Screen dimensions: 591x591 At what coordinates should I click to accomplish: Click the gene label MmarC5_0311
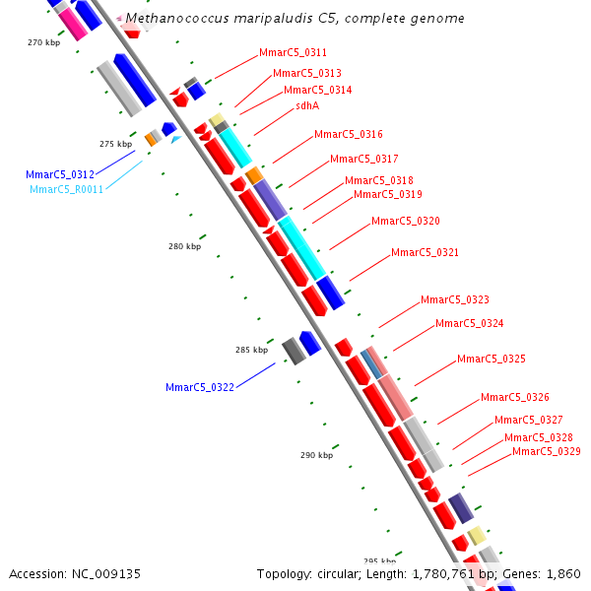[293, 52]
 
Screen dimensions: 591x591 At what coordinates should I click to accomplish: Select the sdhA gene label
[307, 106]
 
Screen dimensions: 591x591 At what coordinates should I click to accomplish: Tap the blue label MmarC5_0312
[60, 174]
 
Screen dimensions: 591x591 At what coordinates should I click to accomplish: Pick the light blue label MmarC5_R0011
[66, 189]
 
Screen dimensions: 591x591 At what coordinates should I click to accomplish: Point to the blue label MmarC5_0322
[200, 387]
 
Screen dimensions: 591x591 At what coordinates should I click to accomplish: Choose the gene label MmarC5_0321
[426, 252]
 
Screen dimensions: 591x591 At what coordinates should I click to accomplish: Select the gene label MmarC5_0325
[492, 359]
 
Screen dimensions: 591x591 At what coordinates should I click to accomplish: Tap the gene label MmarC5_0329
[547, 451]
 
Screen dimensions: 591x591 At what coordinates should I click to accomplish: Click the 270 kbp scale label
[44, 42]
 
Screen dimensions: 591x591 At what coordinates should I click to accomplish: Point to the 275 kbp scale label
[115, 144]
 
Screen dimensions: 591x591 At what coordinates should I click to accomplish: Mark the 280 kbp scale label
[184, 246]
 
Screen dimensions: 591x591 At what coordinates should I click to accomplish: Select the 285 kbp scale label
[251, 350]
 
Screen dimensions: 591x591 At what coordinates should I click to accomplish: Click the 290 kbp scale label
[316, 455]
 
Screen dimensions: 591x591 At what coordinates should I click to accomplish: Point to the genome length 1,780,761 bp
[439, 573]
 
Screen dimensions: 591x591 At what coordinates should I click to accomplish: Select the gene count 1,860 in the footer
[561, 573]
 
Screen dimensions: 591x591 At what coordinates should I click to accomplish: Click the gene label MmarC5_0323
[455, 299]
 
